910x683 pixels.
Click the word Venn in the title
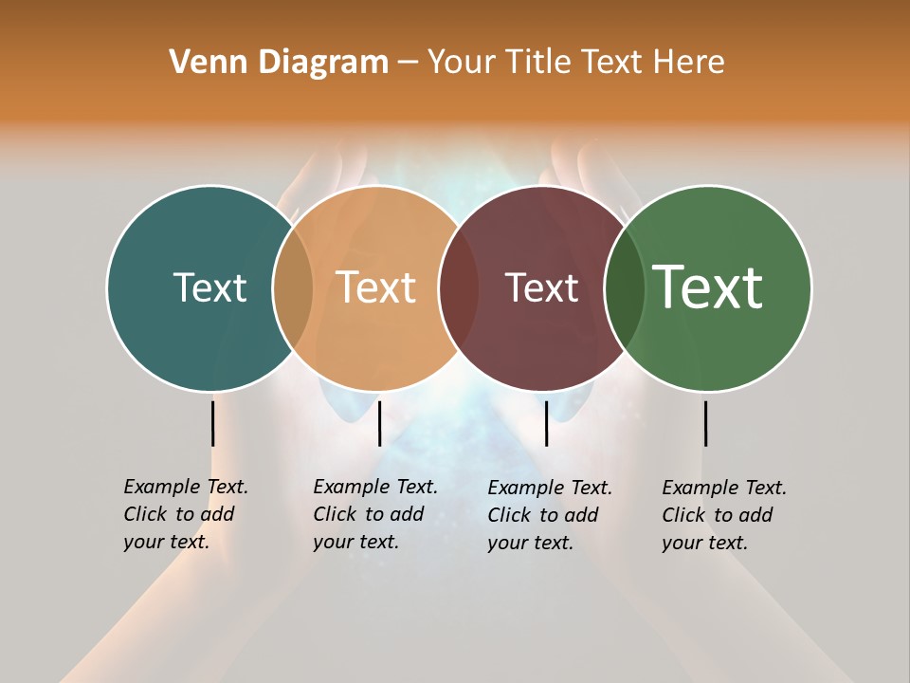pyautogui.click(x=202, y=62)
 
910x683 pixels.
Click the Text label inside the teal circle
pyautogui.click(x=209, y=287)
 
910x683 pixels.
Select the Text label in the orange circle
pyautogui.click(x=376, y=287)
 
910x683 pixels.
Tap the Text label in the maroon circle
pyautogui.click(x=541, y=288)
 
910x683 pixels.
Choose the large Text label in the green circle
pyautogui.click(x=708, y=287)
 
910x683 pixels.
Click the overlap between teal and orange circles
pyautogui.click(x=293, y=287)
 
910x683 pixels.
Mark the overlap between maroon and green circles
pyautogui.click(x=625, y=287)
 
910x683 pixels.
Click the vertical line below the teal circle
pyautogui.click(x=213, y=423)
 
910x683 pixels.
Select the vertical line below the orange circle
pyautogui.click(x=379, y=423)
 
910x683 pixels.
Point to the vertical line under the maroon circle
pyautogui.click(x=546, y=423)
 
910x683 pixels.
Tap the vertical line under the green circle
pyautogui.click(x=705, y=423)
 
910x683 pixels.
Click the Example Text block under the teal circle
pyautogui.click(x=186, y=514)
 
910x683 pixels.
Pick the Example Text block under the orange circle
pyautogui.click(x=375, y=514)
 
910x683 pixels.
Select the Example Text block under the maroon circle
pyautogui.click(x=550, y=515)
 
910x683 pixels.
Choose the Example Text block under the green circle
pyautogui.click(x=724, y=515)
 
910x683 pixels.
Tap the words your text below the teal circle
pyautogui.click(x=166, y=543)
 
